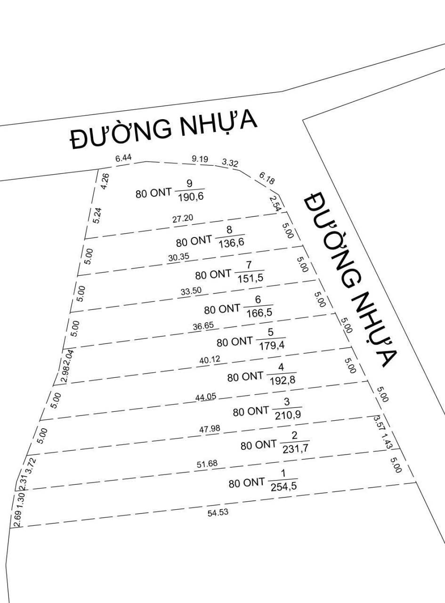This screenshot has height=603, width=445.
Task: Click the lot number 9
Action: pyautogui.click(x=189, y=183)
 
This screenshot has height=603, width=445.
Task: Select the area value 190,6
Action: pyautogui.click(x=190, y=197)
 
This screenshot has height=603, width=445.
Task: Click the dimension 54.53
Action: pyautogui.click(x=218, y=513)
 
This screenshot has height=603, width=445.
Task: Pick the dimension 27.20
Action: pyautogui.click(x=183, y=219)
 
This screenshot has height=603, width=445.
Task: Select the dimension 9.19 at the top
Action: pyautogui.click(x=200, y=159)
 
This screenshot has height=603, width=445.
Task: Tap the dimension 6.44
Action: pyautogui.click(x=123, y=158)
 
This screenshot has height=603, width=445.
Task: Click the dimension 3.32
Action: pyautogui.click(x=230, y=163)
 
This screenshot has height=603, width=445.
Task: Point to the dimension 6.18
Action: pyautogui.click(x=267, y=178)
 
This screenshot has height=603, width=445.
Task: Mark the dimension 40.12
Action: pyautogui.click(x=210, y=360)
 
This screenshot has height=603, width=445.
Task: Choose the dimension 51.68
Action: pyautogui.click(x=207, y=464)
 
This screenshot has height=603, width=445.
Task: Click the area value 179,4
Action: pyautogui.click(x=272, y=346)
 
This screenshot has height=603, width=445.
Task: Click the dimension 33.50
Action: pyautogui.click(x=191, y=291)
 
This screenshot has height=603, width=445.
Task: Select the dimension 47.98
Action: pyautogui.click(x=210, y=429)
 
